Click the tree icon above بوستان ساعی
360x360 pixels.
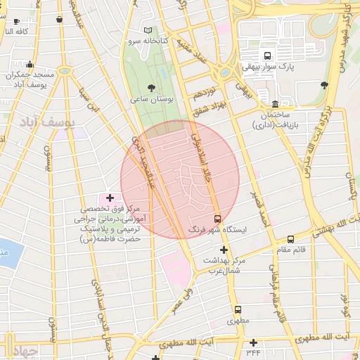coord(152,86)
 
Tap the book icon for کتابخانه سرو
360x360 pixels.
coord(148,30)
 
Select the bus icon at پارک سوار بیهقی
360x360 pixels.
coord(267,56)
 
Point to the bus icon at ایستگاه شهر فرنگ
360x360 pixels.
coord(217,219)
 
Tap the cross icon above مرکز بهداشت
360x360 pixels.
coord(224,250)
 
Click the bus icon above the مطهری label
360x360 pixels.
coord(238,309)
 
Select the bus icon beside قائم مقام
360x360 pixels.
coord(291,240)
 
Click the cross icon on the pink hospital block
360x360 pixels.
coord(110,199)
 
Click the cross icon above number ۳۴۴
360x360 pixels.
coord(253,342)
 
